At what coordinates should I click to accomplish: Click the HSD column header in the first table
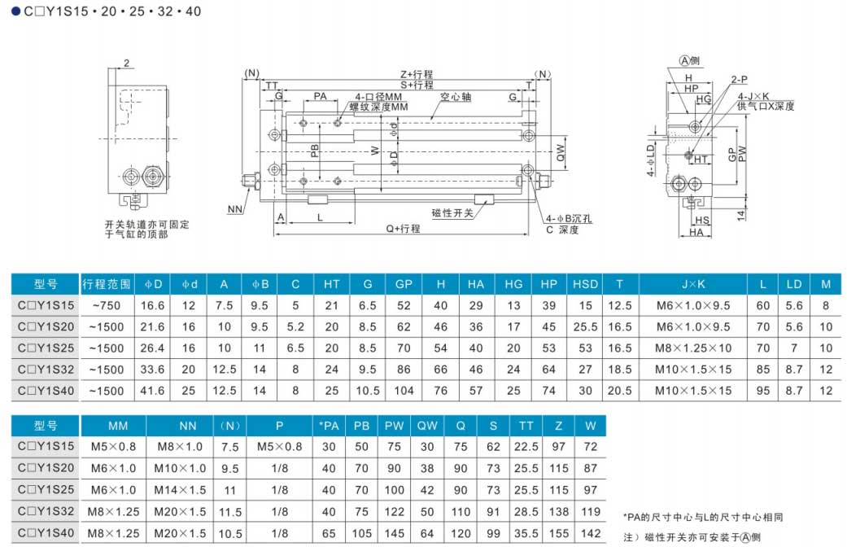point(585,284)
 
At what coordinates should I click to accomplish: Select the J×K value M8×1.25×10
point(693,348)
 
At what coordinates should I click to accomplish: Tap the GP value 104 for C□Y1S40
point(404,391)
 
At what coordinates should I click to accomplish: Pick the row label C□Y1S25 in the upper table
point(46,348)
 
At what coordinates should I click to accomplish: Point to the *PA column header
point(329,426)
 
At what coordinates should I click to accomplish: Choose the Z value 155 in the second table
point(558,533)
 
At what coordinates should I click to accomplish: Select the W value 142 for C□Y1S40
point(591,533)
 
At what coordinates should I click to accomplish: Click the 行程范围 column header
point(107,284)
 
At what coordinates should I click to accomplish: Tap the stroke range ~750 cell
point(107,305)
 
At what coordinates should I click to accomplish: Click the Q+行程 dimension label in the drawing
point(403,229)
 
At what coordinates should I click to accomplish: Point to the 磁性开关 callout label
point(452,213)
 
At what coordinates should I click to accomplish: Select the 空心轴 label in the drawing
point(456,97)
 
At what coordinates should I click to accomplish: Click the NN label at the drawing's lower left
point(235,209)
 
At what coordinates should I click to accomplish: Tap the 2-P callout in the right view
point(740,80)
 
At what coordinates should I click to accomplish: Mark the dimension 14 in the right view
point(741,215)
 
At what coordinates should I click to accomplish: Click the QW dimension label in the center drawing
point(561,153)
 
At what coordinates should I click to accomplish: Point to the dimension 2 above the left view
point(126,63)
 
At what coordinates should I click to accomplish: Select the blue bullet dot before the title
point(15,11)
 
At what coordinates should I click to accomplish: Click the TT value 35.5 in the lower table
point(526,533)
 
